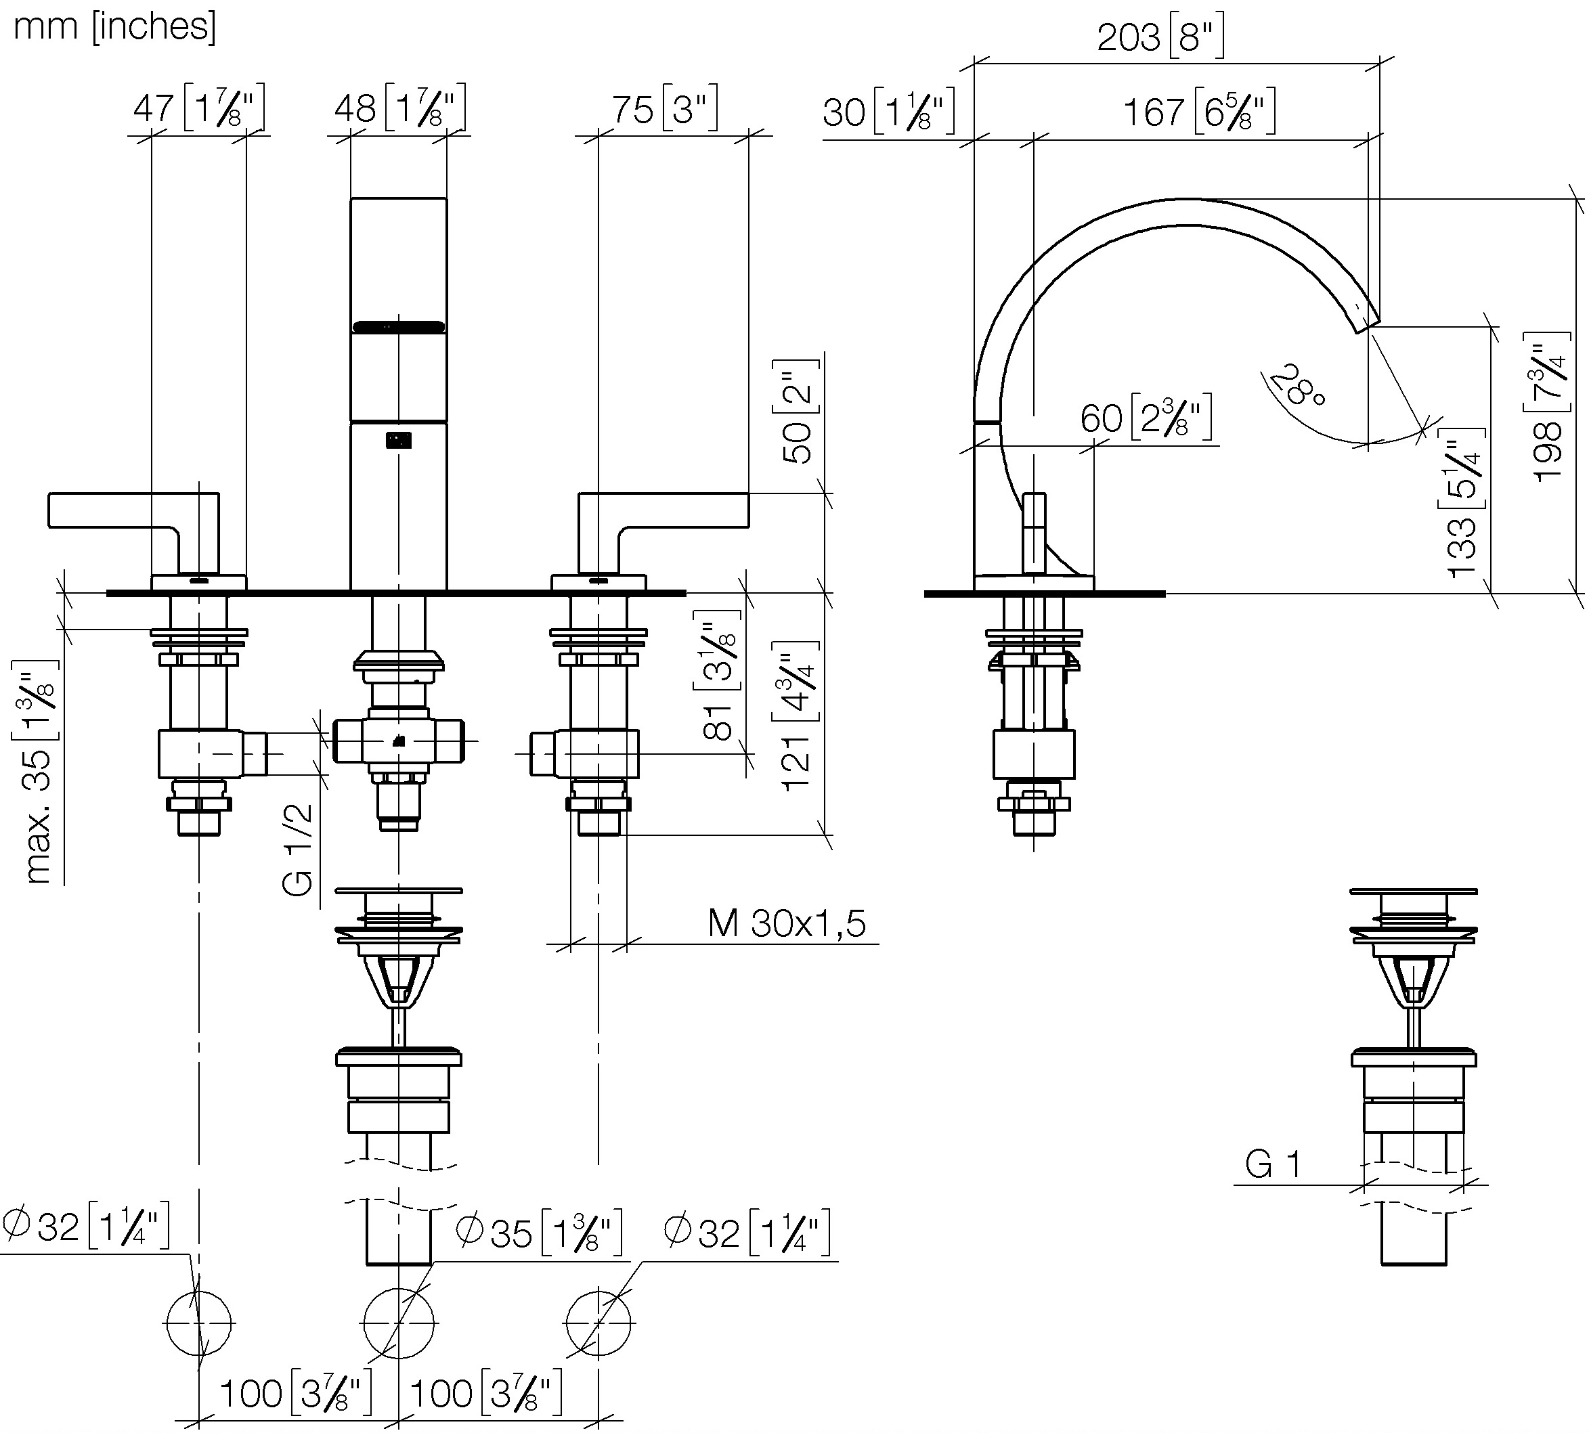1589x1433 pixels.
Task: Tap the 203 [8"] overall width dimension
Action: coord(1160,37)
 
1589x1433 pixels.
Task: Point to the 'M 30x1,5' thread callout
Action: coord(787,923)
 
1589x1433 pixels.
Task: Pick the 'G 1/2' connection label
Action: coord(298,850)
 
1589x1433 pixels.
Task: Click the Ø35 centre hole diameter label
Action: coord(540,1232)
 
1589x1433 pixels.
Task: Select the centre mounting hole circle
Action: coord(399,1323)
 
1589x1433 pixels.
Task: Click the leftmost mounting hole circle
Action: coord(198,1323)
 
